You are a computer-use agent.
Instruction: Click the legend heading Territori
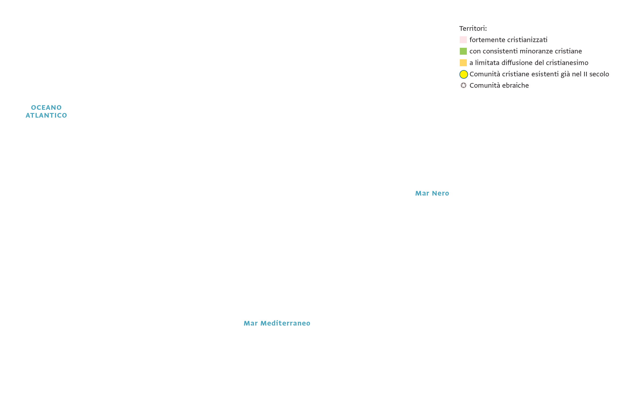pos(473,28)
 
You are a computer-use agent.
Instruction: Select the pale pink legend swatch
pos(463,40)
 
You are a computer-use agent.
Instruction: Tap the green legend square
pos(463,51)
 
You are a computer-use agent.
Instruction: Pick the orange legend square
pos(463,63)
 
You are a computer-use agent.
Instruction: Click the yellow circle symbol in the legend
pos(464,74)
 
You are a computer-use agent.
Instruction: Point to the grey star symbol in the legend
pos(463,85)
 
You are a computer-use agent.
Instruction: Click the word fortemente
pos(487,40)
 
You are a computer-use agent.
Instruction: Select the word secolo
pos(599,74)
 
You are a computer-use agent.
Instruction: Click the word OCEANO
pos(46,108)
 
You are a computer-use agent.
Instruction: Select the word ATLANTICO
pos(46,115)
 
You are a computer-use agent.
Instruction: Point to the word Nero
pos(441,193)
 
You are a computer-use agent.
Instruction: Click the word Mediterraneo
pos(285,323)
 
